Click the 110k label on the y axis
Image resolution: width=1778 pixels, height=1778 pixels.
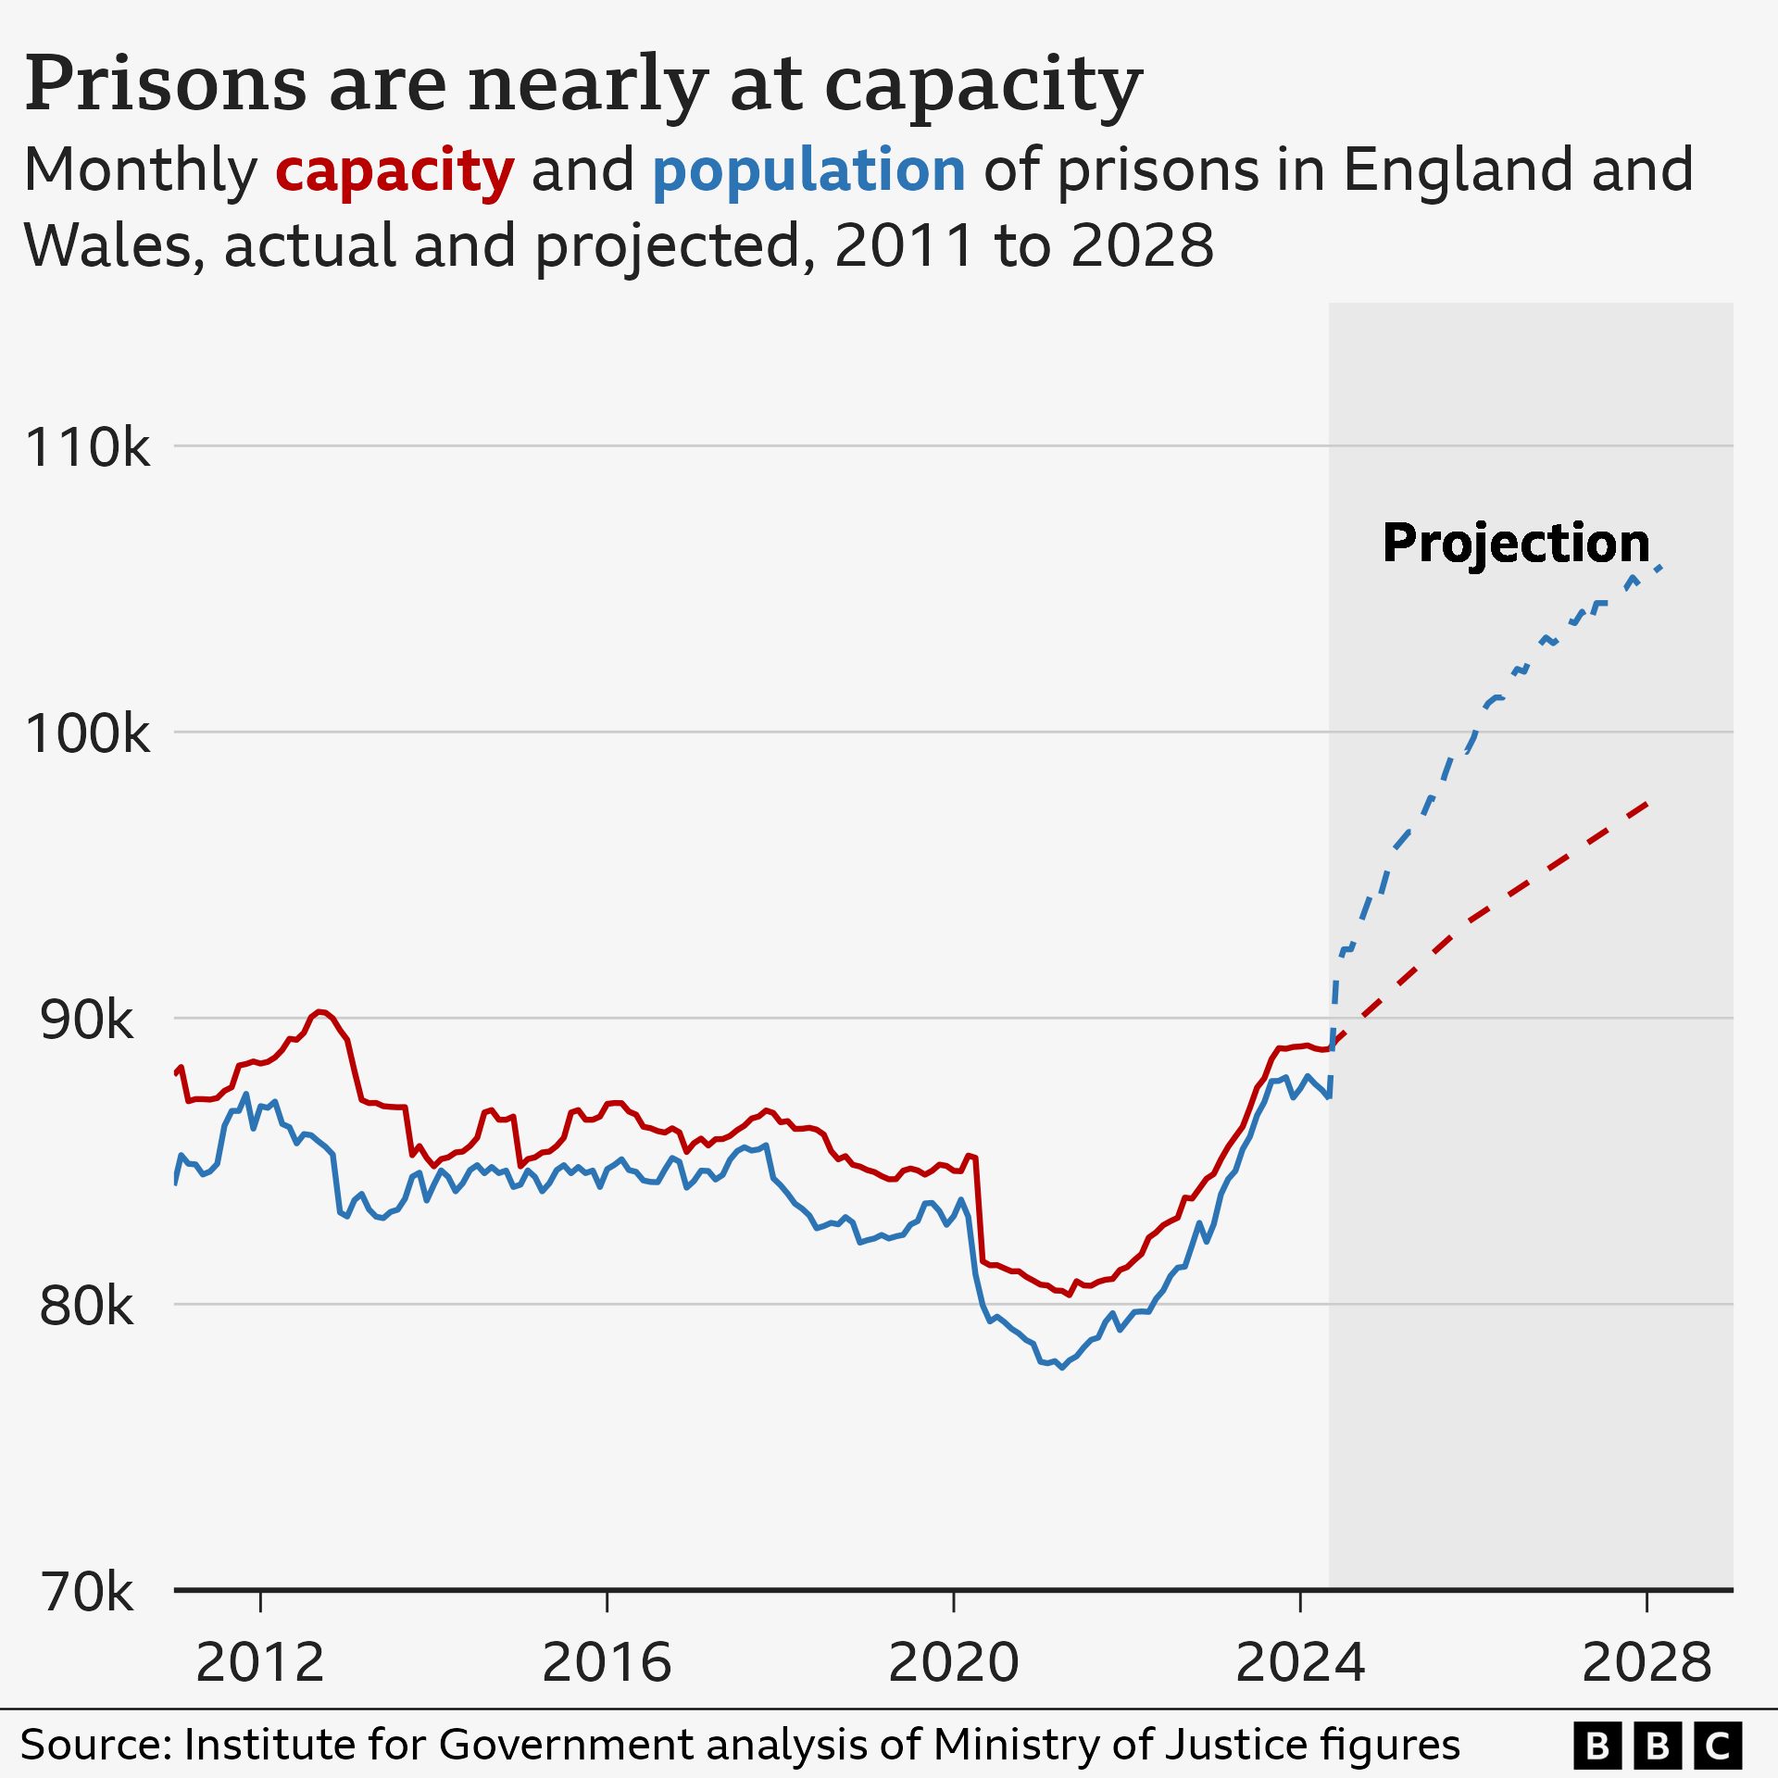87,448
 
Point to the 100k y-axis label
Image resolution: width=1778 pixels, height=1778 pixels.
87,734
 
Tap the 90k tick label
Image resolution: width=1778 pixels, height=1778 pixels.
87,1020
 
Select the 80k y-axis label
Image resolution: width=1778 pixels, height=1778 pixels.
87,1307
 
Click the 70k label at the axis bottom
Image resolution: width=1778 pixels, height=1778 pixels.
87,1593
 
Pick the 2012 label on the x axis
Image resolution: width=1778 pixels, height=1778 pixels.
260,1662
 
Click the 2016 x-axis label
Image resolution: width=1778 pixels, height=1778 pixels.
607,1662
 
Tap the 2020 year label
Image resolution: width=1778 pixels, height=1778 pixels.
953,1662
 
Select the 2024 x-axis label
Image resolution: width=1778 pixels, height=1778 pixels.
1300,1662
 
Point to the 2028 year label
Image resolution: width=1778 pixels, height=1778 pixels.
1647,1662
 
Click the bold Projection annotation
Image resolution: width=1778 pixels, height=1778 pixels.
1516,544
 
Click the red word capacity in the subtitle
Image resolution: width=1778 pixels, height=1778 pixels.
394,171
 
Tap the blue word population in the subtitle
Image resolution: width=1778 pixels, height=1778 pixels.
808,171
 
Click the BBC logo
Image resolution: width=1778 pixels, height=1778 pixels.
1658,1747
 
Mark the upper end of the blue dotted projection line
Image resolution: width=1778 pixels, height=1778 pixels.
1661,567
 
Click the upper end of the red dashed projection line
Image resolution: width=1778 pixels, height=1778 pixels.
1647,803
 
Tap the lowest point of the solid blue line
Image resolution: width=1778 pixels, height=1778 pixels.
1061,1368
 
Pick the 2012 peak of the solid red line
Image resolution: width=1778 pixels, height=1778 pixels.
319,1011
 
